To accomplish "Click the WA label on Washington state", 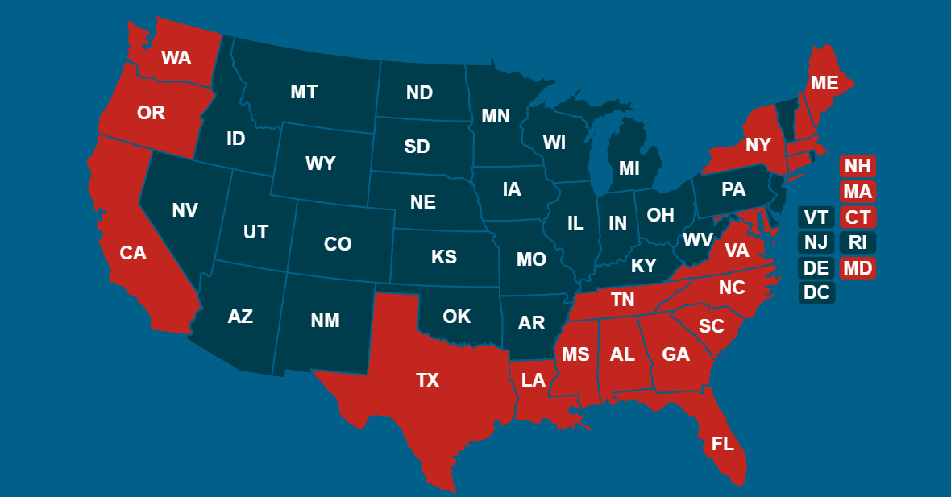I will (x=176, y=58).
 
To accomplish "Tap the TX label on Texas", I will (x=427, y=380).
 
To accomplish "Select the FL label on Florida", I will (x=723, y=444).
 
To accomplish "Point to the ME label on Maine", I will (x=824, y=83).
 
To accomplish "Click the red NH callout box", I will (x=858, y=166).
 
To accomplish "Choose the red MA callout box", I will (x=858, y=192).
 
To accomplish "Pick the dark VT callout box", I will (x=816, y=217).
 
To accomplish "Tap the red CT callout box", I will (x=858, y=217).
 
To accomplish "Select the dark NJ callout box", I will (x=816, y=242).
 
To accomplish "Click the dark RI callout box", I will (x=858, y=242).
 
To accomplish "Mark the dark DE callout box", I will (x=816, y=268).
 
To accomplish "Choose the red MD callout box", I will (x=858, y=268).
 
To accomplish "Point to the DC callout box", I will (x=816, y=293).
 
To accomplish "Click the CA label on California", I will (x=133, y=253).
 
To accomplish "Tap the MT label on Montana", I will (x=304, y=92).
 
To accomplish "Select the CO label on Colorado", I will (x=338, y=243).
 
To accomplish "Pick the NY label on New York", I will (x=758, y=145).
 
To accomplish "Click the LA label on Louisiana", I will (x=533, y=380).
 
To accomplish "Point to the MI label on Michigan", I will (x=629, y=168).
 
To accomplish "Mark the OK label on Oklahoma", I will (x=456, y=317).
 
